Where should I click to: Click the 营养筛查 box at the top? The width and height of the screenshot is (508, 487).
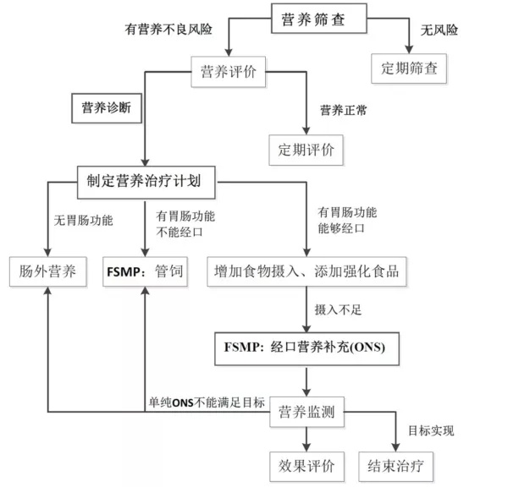[x=319, y=19]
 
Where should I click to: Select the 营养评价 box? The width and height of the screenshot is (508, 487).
[x=228, y=72]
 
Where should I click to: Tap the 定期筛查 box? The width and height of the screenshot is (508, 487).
[x=409, y=68]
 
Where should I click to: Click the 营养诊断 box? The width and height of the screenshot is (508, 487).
[x=107, y=108]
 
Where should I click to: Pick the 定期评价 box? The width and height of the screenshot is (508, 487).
[x=306, y=150]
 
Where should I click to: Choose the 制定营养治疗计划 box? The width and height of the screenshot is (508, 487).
[x=146, y=182]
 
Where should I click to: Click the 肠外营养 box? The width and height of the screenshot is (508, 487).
[x=48, y=271]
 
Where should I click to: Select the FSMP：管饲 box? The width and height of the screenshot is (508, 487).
[x=145, y=271]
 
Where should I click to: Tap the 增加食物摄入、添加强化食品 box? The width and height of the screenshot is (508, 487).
[x=306, y=271]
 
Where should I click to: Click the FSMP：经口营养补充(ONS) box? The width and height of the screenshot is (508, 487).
[x=306, y=348]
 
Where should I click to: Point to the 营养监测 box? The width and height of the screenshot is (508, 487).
[x=306, y=412]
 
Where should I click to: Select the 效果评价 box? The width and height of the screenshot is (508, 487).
[x=306, y=467]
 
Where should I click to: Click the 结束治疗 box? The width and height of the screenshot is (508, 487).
[x=395, y=467]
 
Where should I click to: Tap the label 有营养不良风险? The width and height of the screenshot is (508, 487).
[x=168, y=29]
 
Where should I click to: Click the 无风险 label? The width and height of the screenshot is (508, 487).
[x=439, y=30]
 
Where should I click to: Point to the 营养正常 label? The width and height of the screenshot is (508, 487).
[x=344, y=111]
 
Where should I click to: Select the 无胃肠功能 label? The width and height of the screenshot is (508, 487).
[x=83, y=221]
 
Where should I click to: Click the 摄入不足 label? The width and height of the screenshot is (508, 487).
[x=338, y=309]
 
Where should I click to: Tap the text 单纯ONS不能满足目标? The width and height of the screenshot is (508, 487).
[x=207, y=402]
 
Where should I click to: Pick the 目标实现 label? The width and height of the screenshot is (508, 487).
[x=431, y=430]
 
